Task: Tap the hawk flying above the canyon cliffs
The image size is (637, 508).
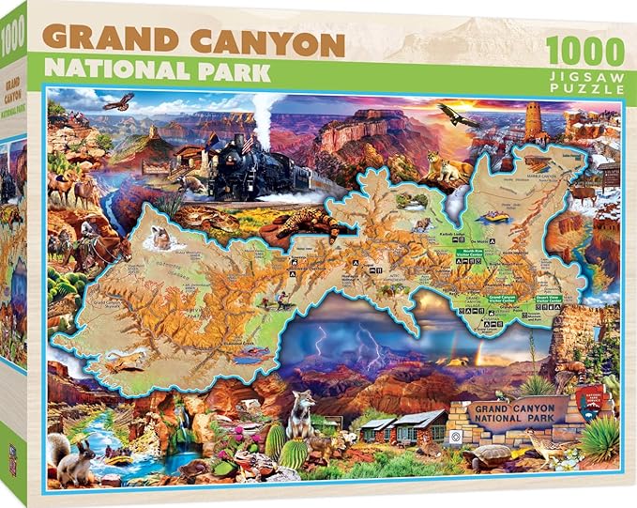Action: click(x=118, y=100)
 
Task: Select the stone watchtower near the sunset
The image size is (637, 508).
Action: click(x=536, y=121)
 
